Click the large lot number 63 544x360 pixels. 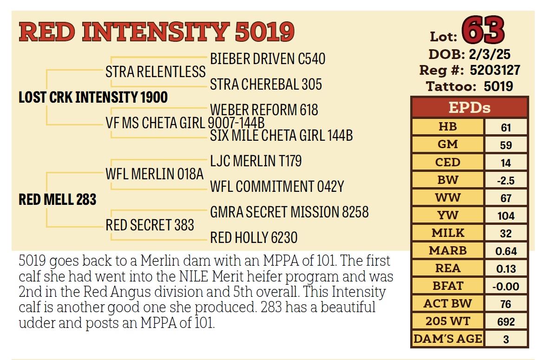(484, 31)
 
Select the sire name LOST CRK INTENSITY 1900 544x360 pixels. (93, 98)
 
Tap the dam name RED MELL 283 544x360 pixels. (57, 200)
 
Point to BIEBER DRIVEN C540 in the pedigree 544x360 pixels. (268, 59)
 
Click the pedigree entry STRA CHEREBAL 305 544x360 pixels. (266, 85)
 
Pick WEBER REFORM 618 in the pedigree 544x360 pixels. (264, 110)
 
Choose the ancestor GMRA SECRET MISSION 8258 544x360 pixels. (289, 212)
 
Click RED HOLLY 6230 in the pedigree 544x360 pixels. (254, 238)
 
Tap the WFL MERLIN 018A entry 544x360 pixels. (155, 174)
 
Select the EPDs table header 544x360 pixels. (469, 108)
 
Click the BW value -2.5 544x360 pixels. (506, 181)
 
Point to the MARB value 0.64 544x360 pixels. (506, 252)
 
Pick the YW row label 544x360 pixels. (447, 216)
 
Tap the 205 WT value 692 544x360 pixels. (506, 322)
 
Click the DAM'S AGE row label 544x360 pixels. (447, 339)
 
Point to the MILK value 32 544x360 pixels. (506, 234)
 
